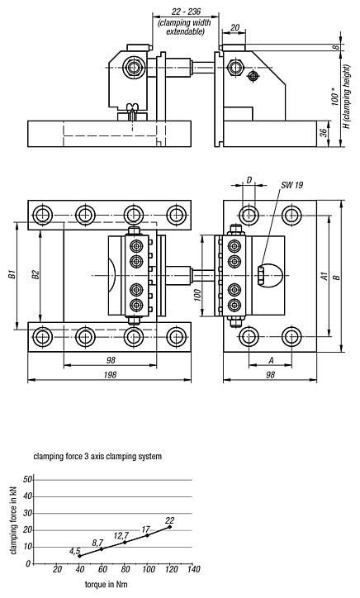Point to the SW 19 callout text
(291, 186)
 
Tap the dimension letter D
(248, 179)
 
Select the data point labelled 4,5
(79, 556)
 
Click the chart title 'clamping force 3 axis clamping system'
(97, 456)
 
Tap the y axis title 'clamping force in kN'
(13, 521)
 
